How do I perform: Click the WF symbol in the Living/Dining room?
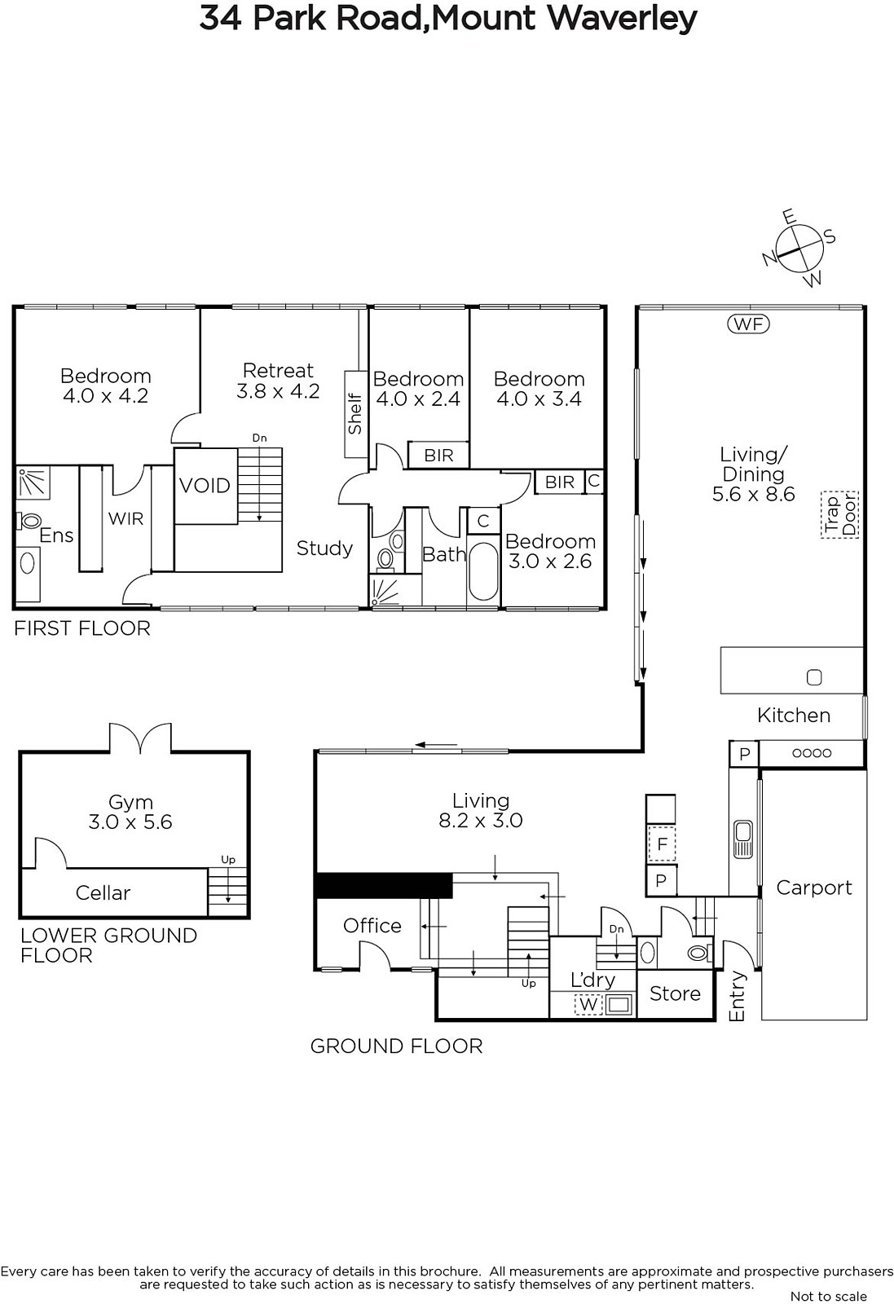click(x=748, y=324)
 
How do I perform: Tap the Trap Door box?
click(x=840, y=514)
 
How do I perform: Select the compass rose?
click(x=800, y=249)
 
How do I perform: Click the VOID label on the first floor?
click(x=205, y=486)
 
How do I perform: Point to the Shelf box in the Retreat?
click(x=355, y=414)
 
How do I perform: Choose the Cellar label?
click(x=103, y=893)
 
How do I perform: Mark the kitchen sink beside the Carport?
click(x=743, y=839)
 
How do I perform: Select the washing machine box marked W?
click(x=588, y=1004)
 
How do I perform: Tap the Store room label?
click(x=675, y=993)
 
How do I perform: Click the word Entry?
click(x=737, y=996)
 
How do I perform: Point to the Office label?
click(x=372, y=926)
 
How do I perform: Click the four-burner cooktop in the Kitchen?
click(x=812, y=753)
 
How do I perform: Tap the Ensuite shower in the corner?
click(x=33, y=482)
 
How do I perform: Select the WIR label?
click(x=126, y=518)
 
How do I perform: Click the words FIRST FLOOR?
click(x=82, y=628)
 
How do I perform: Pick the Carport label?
click(x=814, y=888)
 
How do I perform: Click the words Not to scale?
click(x=829, y=1296)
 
